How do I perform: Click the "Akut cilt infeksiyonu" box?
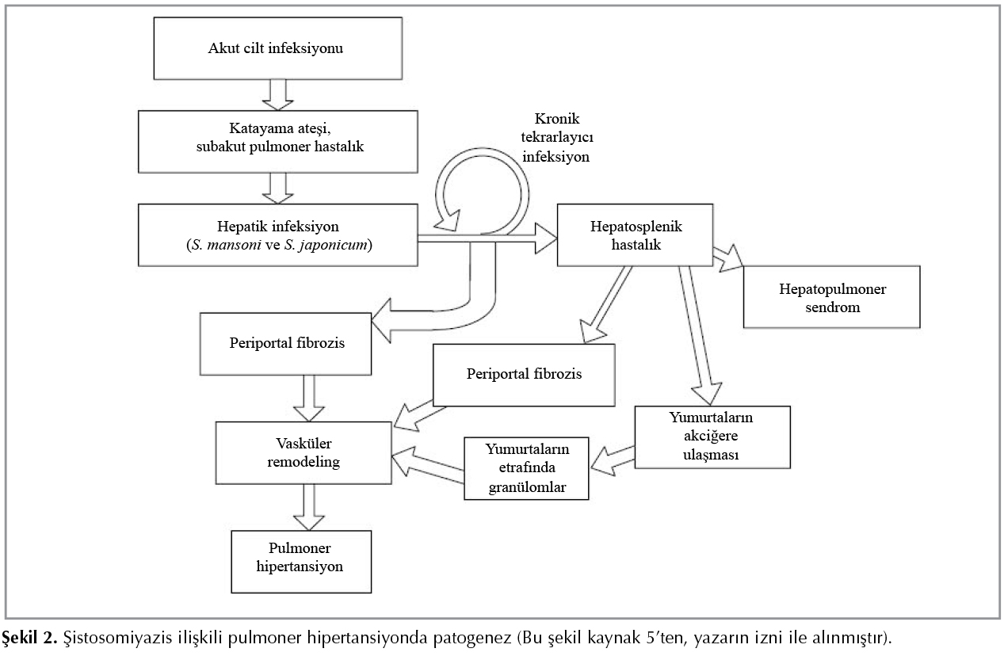pos(277,49)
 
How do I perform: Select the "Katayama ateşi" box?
pos(277,141)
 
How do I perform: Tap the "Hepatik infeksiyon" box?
pos(277,235)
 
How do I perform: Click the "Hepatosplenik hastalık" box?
pos(636,235)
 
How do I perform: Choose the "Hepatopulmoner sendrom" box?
pos(831,296)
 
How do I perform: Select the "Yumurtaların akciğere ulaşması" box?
pos(712,438)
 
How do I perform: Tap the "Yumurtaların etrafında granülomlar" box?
pos(526,467)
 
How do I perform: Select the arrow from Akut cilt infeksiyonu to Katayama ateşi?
pos(277,93)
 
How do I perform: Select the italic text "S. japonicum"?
pos(330,244)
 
